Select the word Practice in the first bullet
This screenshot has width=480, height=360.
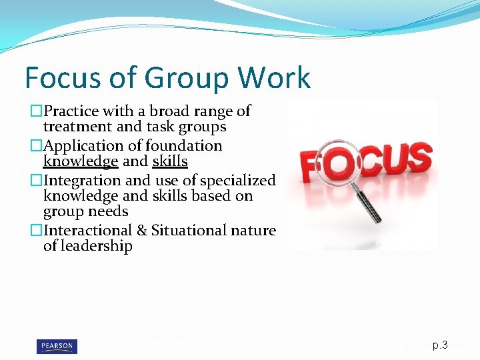pyautogui.click(x=73, y=111)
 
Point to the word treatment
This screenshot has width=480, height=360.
pyautogui.click(x=73, y=127)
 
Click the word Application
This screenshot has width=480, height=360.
pyautogui.click(x=80, y=145)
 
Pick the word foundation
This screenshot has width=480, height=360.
pyautogui.click(x=183, y=145)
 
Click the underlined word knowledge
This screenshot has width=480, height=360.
pyautogui.click(x=81, y=161)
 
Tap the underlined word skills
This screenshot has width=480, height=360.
pyautogui.click(x=170, y=161)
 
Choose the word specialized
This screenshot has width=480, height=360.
pyautogui.click(x=239, y=180)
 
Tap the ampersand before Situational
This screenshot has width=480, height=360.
pyautogui.click(x=141, y=230)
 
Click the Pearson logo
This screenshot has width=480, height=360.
pyautogui.click(x=56, y=346)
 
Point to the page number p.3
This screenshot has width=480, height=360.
pyautogui.click(x=440, y=345)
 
